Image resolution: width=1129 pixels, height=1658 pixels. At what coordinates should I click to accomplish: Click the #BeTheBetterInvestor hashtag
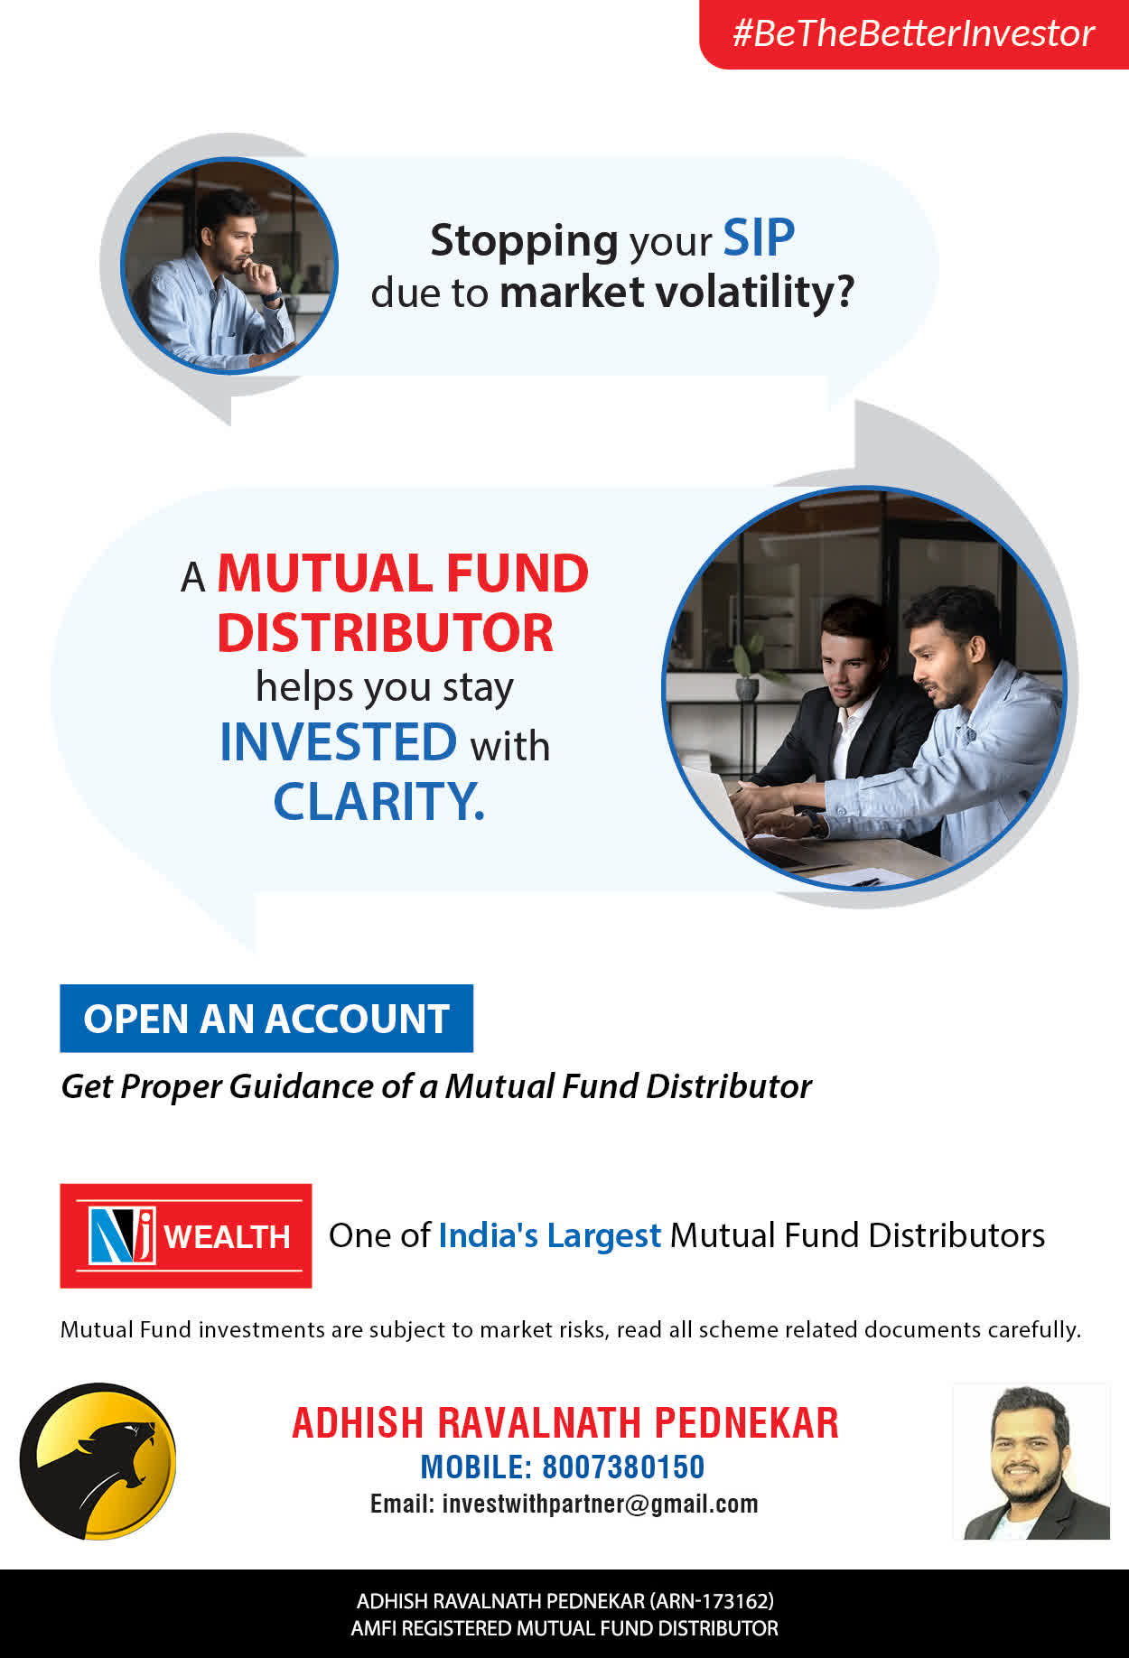pos(913,33)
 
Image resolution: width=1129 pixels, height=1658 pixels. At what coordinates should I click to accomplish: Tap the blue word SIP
pos(759,238)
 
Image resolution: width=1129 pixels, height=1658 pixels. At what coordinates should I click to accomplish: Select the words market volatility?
pos(676,293)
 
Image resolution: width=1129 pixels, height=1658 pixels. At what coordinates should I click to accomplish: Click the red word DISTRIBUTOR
pos(385,632)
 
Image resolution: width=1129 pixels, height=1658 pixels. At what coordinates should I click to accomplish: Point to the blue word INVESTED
pos(339,742)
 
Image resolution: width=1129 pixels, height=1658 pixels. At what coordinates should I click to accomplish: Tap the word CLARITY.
pos(379,801)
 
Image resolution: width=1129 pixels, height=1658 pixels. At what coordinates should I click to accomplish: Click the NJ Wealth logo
pos(186,1235)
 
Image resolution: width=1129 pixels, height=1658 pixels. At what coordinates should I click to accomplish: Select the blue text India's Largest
pos(550,1235)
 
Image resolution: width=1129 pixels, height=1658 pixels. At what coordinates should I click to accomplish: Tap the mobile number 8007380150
pos(623,1467)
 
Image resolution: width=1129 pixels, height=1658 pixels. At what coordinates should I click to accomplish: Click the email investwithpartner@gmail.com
pos(601,1504)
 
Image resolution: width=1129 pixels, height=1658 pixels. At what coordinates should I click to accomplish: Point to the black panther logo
pos(98,1461)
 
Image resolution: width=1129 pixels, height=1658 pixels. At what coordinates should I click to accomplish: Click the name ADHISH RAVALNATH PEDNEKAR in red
pos(565,1423)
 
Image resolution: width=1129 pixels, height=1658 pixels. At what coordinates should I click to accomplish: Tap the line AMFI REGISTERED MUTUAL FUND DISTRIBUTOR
pos(564,1628)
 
